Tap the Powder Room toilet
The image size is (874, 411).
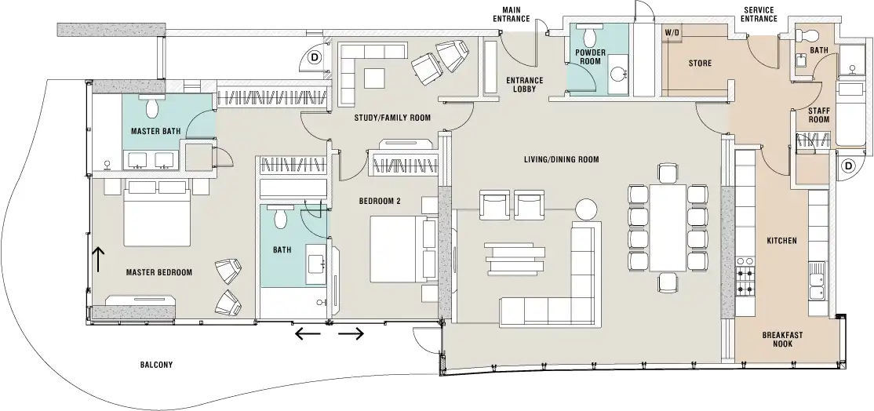click(x=590, y=35)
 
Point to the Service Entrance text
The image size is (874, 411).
click(x=759, y=14)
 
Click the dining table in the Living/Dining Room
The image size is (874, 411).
click(x=668, y=227)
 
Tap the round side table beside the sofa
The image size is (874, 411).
click(x=586, y=210)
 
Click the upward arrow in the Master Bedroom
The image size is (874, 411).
click(x=98, y=260)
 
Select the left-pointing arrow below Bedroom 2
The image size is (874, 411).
click(x=308, y=333)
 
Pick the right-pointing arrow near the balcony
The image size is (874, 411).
click(x=351, y=333)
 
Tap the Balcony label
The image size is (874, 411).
click(x=156, y=365)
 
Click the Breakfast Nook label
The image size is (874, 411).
click(x=782, y=339)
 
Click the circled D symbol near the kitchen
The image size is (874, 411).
click(x=848, y=165)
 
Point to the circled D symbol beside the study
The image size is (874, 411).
click(x=315, y=56)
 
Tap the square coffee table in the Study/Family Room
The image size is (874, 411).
click(x=374, y=78)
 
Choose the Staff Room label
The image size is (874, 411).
click(x=819, y=115)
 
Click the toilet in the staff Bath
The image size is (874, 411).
click(x=807, y=35)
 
